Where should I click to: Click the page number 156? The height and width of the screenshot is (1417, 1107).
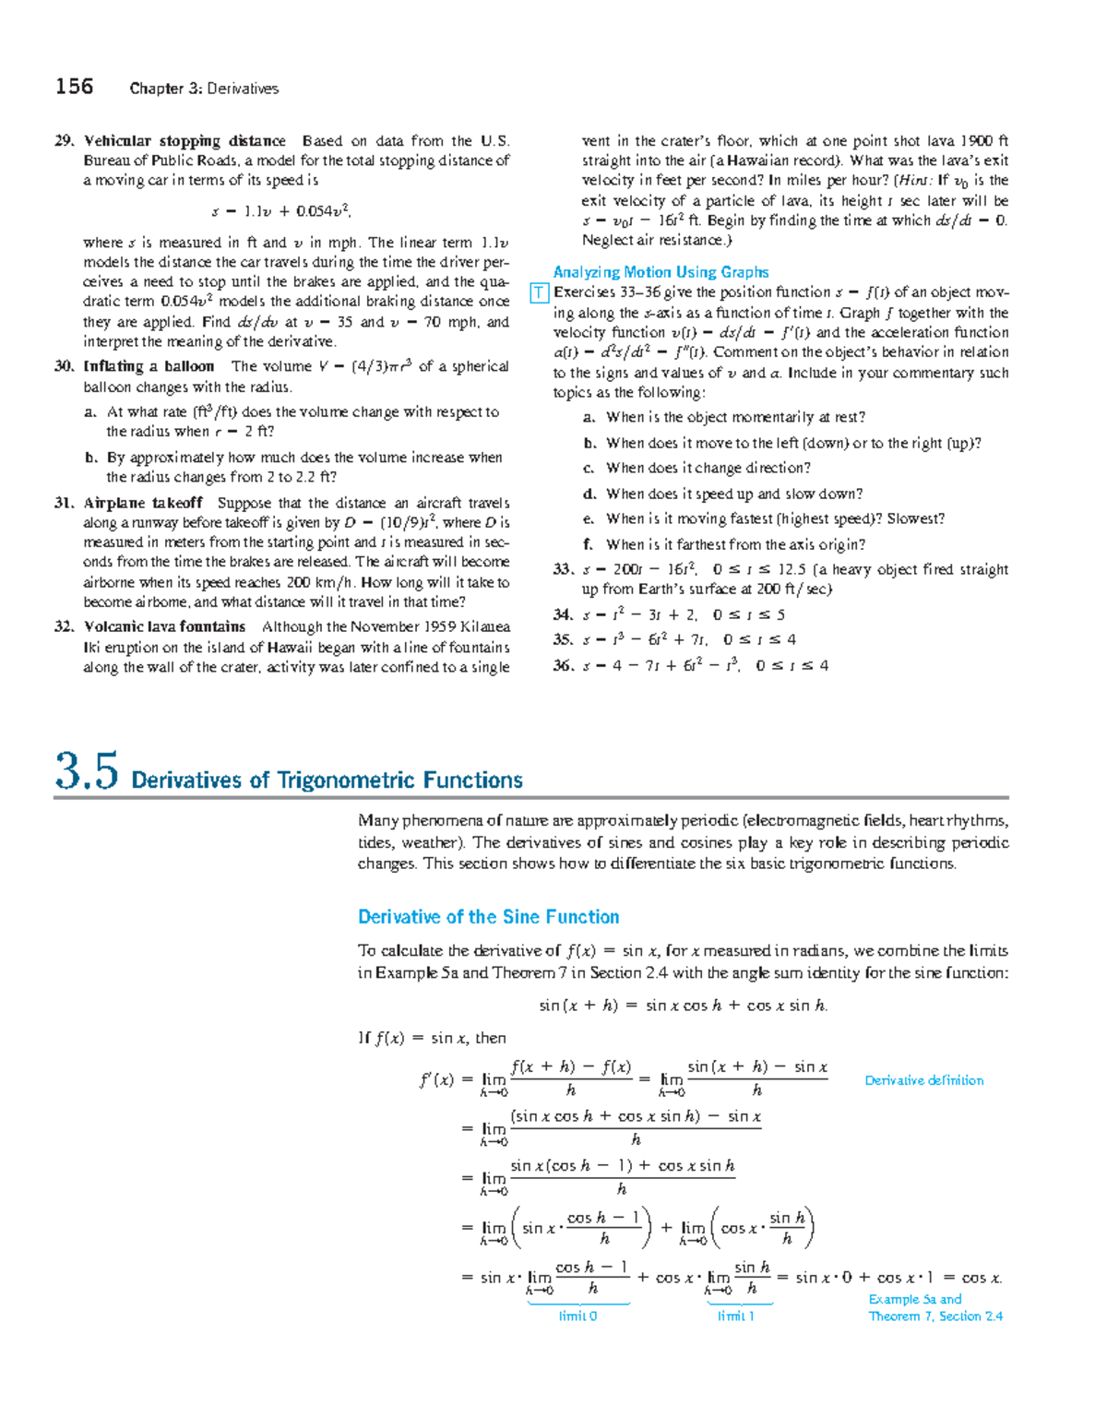pyautogui.click(x=74, y=87)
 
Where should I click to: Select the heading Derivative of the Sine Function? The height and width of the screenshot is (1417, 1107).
pyautogui.click(x=488, y=917)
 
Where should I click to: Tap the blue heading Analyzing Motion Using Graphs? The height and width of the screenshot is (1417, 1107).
pyautogui.click(x=661, y=272)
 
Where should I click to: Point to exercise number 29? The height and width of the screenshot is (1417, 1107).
pyautogui.click(x=64, y=141)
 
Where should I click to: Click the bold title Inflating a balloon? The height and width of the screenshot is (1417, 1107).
pyautogui.click(x=149, y=366)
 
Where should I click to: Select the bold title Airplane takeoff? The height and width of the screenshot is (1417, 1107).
pyautogui.click(x=143, y=503)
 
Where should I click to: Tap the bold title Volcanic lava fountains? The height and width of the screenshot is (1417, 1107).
pyautogui.click(x=164, y=626)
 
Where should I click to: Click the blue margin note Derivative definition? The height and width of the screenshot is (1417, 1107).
pyautogui.click(x=923, y=1080)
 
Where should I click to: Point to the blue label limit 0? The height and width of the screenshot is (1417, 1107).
pyautogui.click(x=577, y=1316)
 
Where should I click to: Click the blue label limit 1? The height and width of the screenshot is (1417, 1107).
pyautogui.click(x=735, y=1316)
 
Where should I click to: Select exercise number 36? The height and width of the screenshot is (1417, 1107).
pyautogui.click(x=563, y=665)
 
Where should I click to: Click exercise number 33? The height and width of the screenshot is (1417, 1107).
pyautogui.click(x=563, y=569)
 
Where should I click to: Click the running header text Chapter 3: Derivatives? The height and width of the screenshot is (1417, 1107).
pyautogui.click(x=204, y=89)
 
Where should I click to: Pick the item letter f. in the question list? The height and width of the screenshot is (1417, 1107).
pyautogui.click(x=588, y=544)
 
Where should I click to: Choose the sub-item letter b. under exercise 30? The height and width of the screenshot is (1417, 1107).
pyautogui.click(x=90, y=458)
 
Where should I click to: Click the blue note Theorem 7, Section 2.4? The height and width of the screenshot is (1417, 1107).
pyautogui.click(x=935, y=1316)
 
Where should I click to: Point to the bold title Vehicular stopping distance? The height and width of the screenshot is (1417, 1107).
pyautogui.click(x=184, y=141)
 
